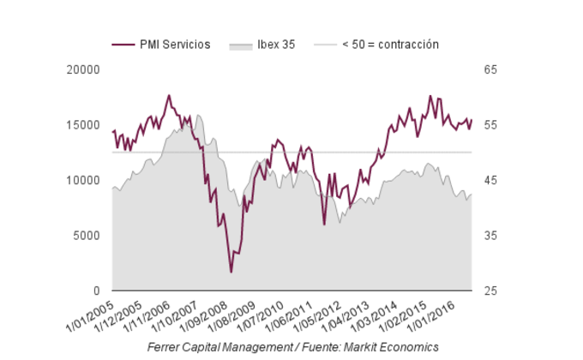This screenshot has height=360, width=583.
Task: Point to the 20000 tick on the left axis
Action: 83,69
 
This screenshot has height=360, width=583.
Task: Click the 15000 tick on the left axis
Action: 83,125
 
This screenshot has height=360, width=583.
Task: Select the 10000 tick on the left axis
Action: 83,180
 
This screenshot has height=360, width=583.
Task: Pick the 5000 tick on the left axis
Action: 87,236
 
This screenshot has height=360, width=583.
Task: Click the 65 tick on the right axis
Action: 490,69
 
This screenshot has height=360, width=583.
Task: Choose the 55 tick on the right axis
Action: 490,125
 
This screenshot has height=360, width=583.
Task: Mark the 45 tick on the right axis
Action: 490,180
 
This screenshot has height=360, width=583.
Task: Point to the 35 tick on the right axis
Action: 490,236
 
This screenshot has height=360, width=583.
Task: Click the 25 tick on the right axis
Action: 490,291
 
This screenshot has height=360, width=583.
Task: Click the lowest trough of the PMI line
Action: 231,272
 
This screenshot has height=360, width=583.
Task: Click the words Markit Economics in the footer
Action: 396,346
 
